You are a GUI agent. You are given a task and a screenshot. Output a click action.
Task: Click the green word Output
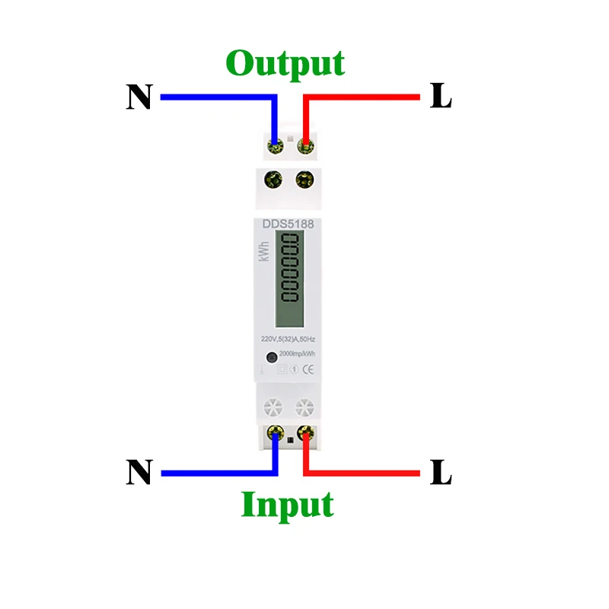pyautogui.click(x=285, y=63)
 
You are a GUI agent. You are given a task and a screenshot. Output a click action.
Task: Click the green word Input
pyautogui.click(x=287, y=504)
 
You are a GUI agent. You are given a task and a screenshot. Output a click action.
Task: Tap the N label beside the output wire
pyautogui.click(x=139, y=97)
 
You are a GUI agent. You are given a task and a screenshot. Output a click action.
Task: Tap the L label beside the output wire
pyautogui.click(x=441, y=97)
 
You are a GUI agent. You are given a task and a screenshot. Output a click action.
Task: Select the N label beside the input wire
pyautogui.click(x=139, y=473)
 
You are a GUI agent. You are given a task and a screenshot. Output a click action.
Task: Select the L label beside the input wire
pyautogui.click(x=441, y=473)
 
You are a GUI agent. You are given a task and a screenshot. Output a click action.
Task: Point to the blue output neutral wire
pyautogui.click(x=213, y=97)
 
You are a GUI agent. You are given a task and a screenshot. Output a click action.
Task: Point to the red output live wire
pyautogui.click(x=365, y=97)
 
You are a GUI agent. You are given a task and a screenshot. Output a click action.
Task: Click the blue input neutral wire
pyautogui.click(x=213, y=473)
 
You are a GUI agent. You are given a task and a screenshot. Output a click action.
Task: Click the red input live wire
pyautogui.click(x=365, y=473)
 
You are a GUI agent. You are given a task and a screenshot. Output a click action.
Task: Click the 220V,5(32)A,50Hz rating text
pyautogui.click(x=289, y=339)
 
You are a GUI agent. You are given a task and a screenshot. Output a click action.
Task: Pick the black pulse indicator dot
pyautogui.click(x=270, y=357)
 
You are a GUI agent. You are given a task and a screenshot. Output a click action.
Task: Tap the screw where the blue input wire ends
pyautogui.click(x=273, y=434)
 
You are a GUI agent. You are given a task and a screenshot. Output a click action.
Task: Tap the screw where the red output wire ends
pyautogui.click(x=305, y=142)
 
